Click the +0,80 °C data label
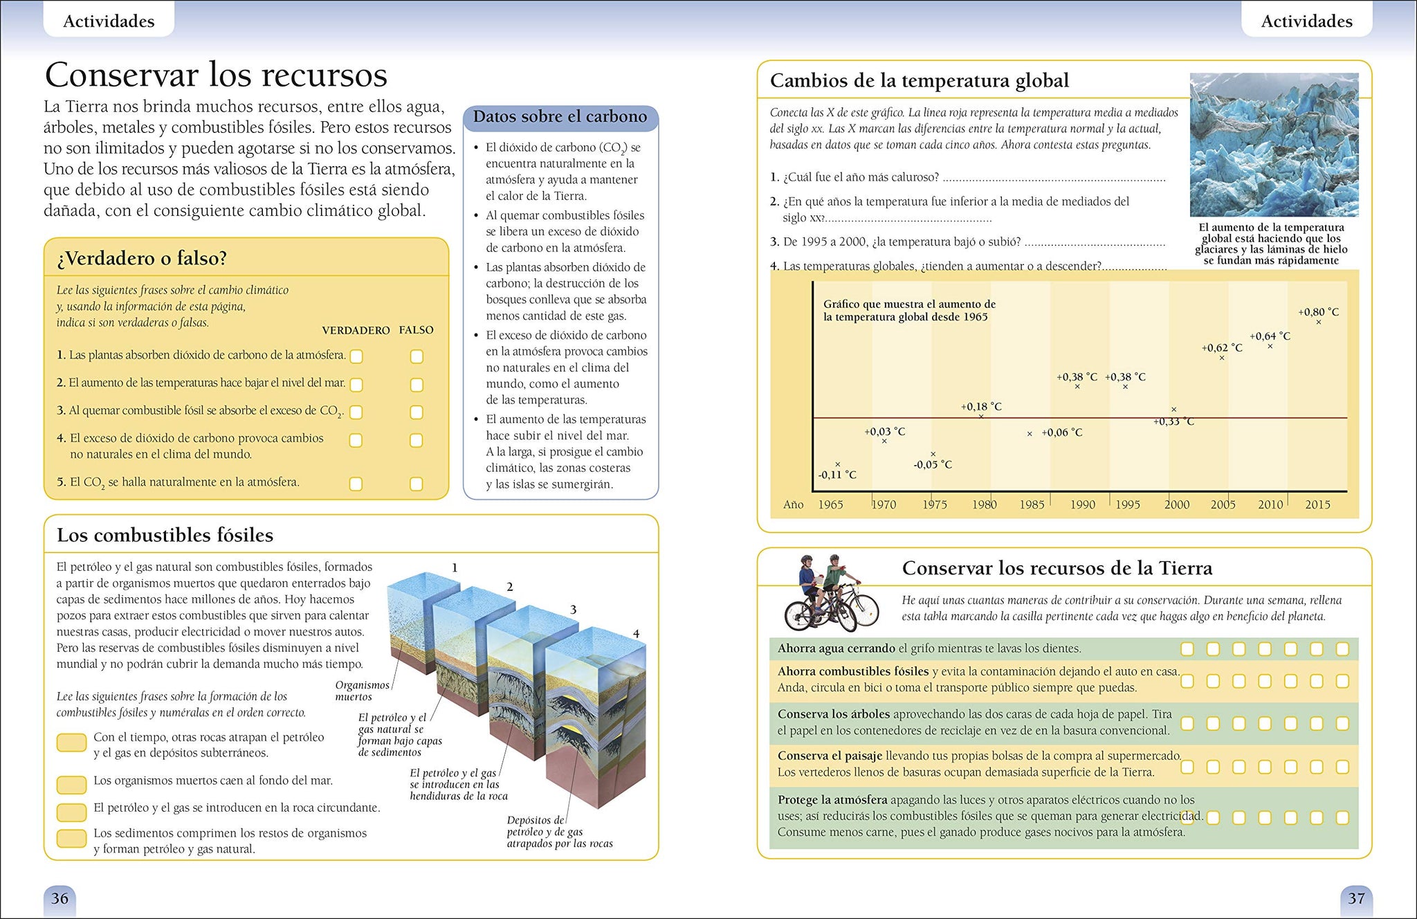tap(1318, 312)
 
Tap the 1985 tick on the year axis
tap(1032, 504)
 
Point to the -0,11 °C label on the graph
tap(837, 475)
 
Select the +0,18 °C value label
tap(981, 407)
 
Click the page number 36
tap(60, 898)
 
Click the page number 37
tap(1356, 898)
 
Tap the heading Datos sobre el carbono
tap(560, 117)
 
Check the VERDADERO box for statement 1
tap(356, 356)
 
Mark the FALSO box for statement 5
tap(416, 484)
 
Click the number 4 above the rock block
tap(636, 634)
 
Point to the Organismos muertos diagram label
tap(362, 691)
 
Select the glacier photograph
tap(1274, 145)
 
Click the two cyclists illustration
tap(830, 593)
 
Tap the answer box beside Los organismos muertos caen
tap(71, 784)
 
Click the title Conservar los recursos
tap(216, 75)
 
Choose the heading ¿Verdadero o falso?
tap(142, 258)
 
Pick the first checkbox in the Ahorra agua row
tap(1187, 649)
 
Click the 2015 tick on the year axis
tap(1317, 504)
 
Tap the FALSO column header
tap(416, 330)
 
